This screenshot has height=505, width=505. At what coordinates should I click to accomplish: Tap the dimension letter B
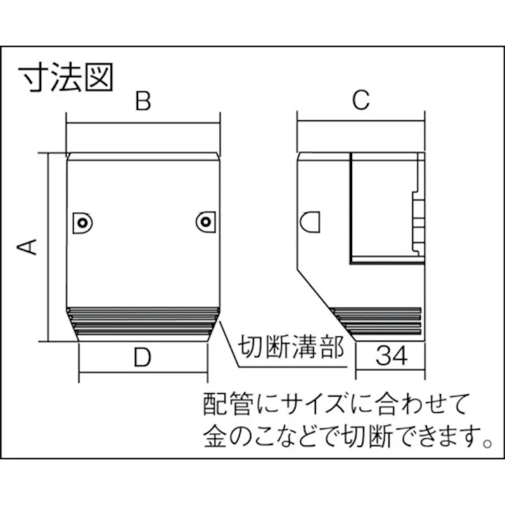coord(143,102)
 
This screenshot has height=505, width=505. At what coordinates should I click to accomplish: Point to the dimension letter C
coord(361,102)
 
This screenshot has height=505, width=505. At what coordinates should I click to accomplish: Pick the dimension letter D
coord(143,358)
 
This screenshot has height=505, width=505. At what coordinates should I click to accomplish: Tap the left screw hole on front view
coord(83,223)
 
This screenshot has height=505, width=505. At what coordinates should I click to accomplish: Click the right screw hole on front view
coord(205,222)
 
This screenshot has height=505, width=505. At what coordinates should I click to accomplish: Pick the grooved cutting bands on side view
coord(379,319)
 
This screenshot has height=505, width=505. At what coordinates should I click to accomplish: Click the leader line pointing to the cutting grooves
coord(230,347)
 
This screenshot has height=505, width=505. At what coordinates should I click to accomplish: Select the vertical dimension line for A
coord(48,246)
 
